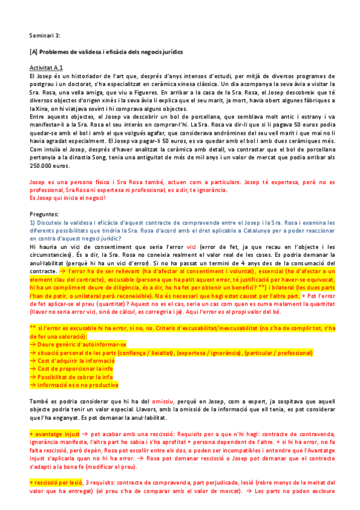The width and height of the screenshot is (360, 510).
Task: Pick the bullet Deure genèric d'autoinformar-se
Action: [x=80, y=344]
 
